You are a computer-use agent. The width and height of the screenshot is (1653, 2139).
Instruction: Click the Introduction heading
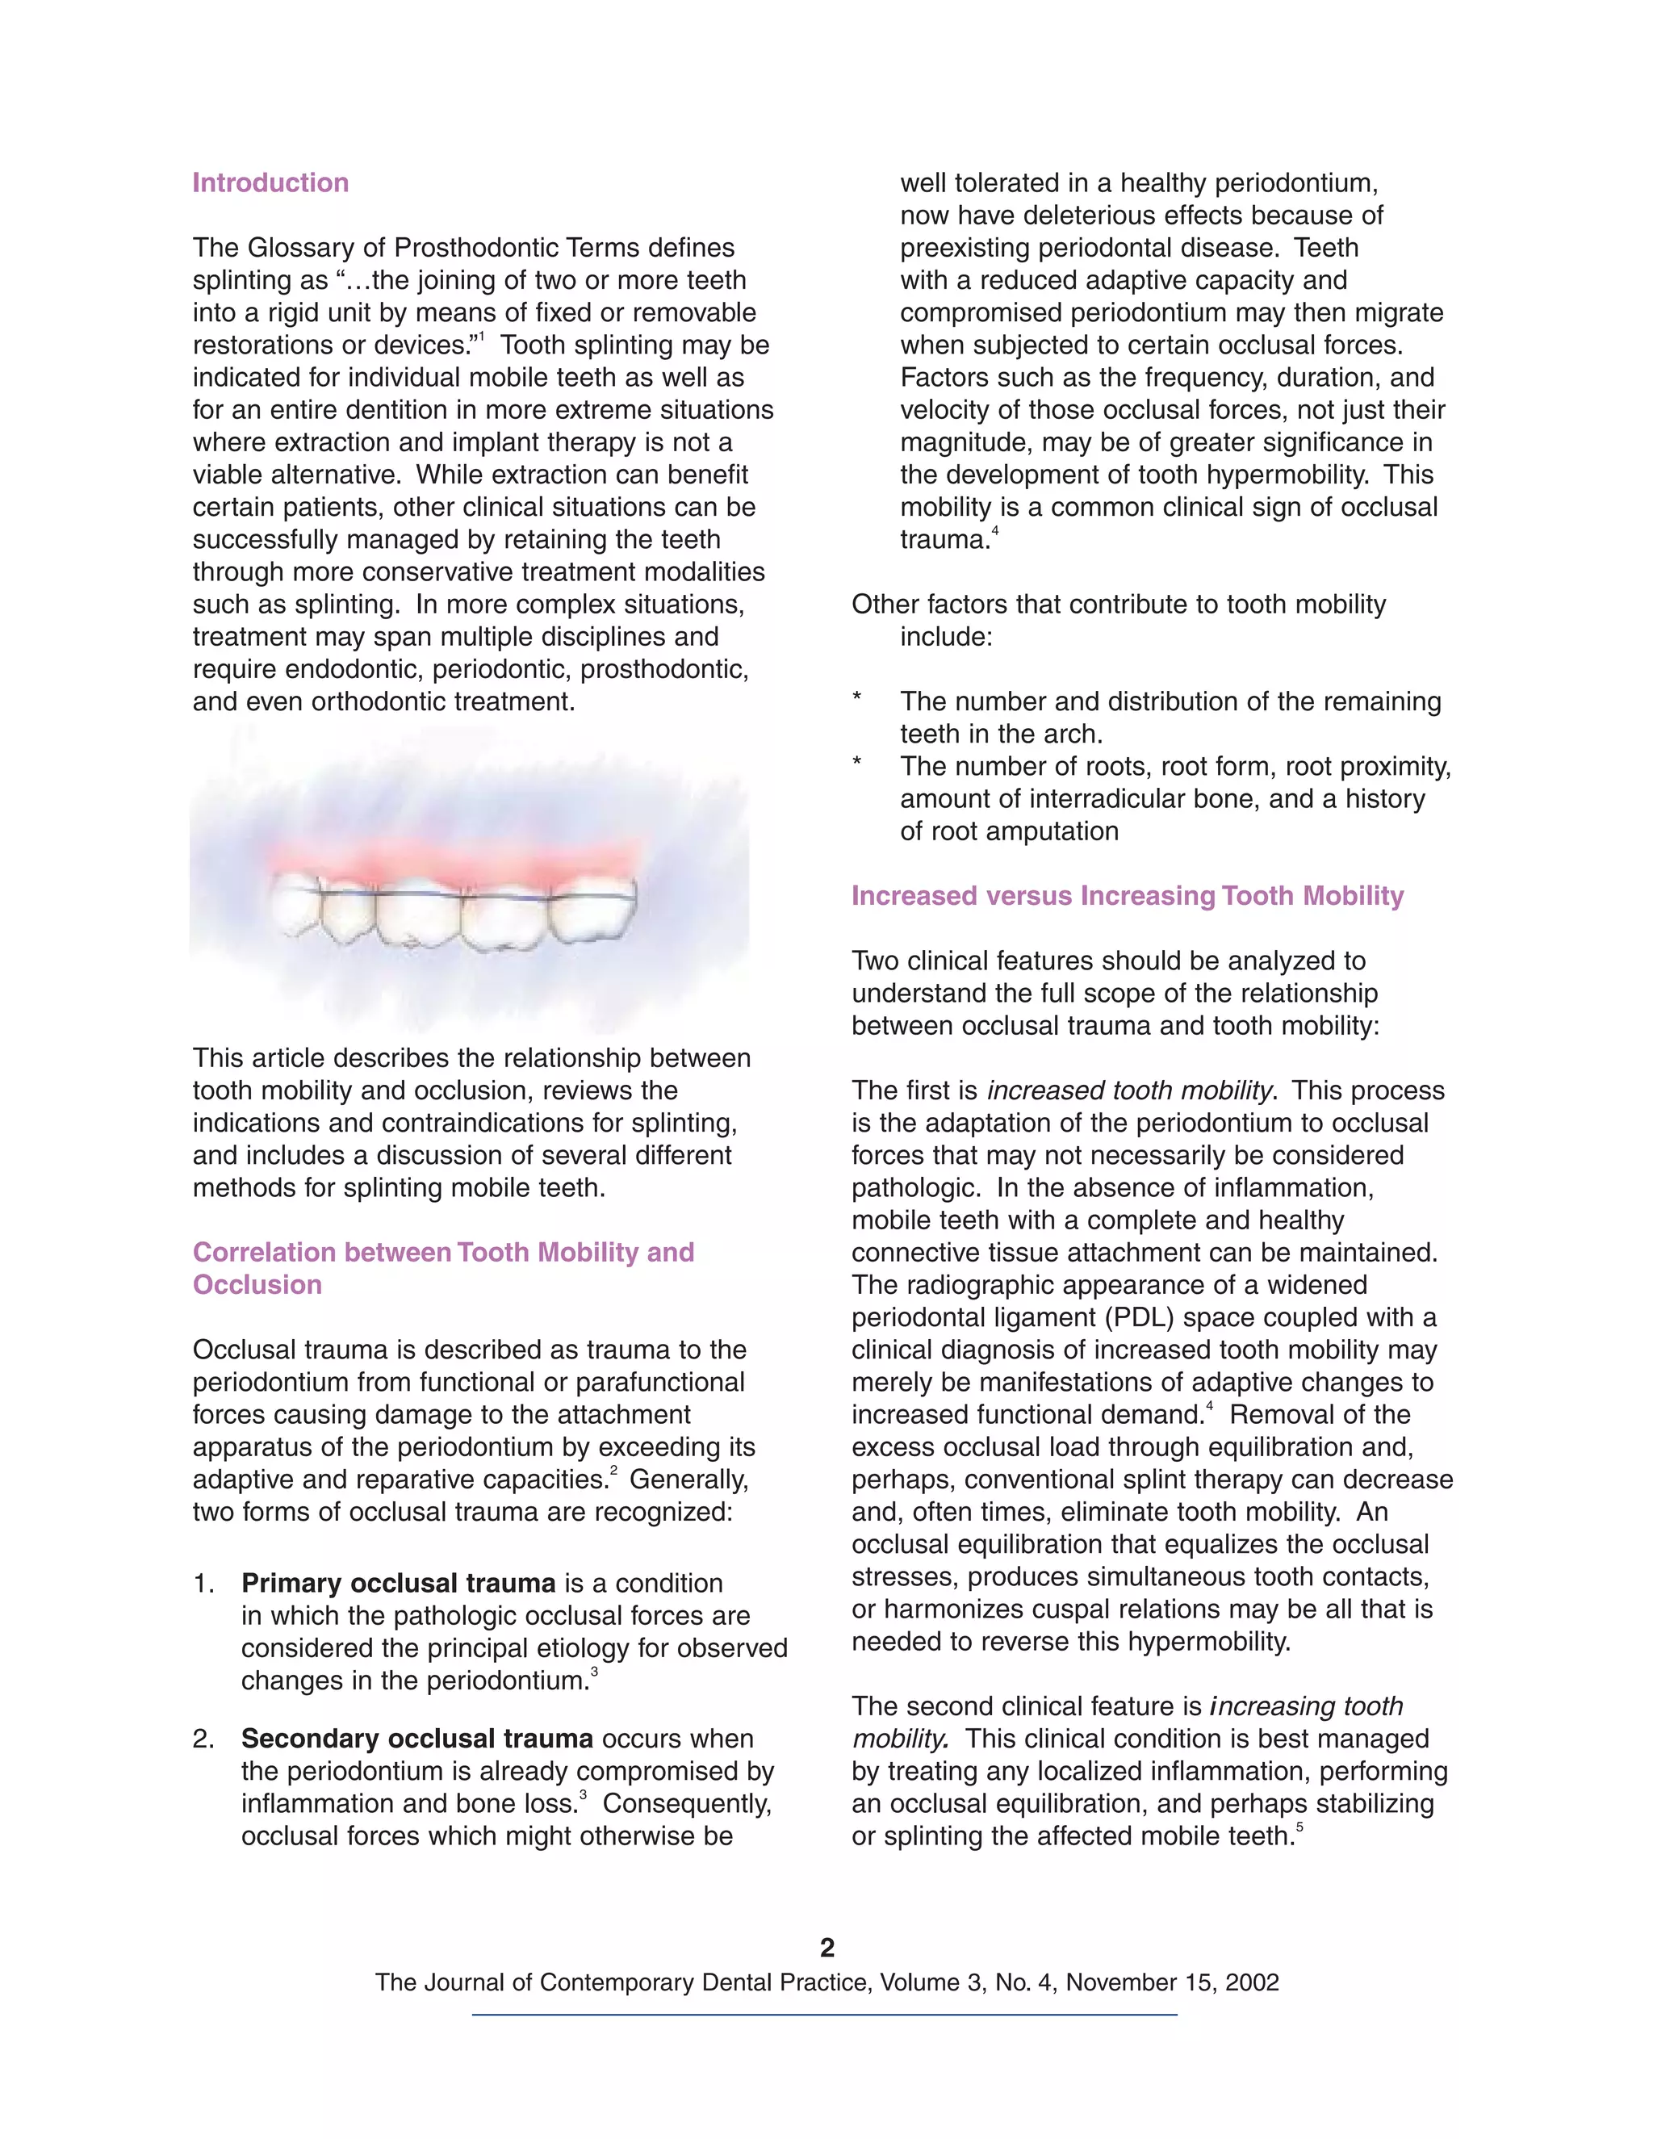270,183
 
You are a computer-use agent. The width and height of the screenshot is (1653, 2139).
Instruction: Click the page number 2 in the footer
826,1947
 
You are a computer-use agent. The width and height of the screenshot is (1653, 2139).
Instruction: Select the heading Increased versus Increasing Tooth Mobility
1127,896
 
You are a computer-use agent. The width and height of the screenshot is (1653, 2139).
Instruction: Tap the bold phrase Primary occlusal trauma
398,1584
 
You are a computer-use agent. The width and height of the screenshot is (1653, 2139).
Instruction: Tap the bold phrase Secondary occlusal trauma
417,1739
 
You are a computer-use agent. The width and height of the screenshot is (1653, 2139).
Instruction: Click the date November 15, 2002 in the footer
1172,1983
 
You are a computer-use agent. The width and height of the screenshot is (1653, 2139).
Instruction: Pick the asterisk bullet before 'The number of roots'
857,764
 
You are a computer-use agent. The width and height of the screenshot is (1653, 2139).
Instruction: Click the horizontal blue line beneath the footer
825,2015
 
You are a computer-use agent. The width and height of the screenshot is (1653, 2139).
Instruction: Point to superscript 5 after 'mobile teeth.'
1299,1827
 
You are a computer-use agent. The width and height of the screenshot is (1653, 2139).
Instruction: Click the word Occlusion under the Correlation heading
257,1285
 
